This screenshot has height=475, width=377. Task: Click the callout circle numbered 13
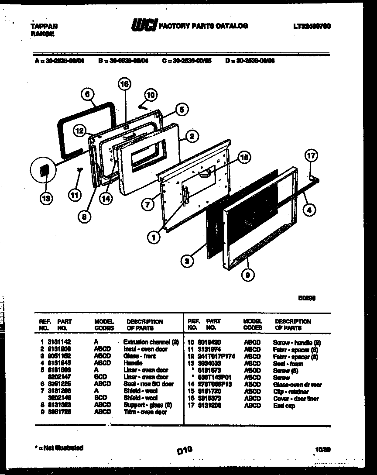coord(45,199)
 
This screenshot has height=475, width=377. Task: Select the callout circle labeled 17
coord(312,155)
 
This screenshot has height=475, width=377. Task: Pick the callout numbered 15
coord(244,158)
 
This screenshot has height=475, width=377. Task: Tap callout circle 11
coord(75,196)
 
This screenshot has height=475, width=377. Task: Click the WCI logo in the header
coord(143,27)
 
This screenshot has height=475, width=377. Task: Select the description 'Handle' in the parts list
coord(133,363)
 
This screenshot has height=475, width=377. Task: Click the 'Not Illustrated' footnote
coord(58,447)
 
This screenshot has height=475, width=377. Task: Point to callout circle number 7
coord(148,203)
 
